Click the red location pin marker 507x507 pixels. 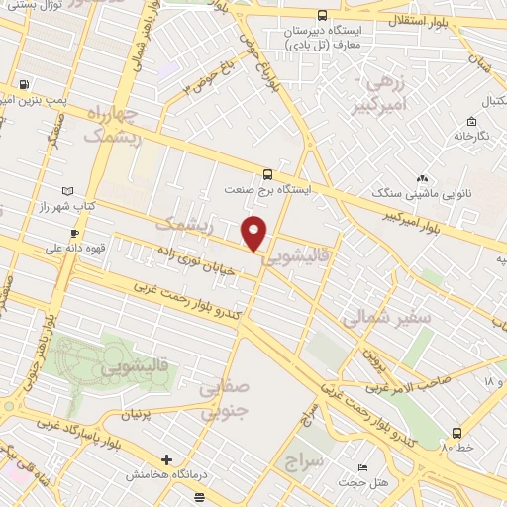click(255, 233)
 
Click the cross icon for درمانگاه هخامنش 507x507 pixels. click(166, 459)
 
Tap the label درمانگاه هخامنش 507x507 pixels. click(165, 475)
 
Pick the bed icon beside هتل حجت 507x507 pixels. click(364, 467)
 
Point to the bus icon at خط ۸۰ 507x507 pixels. click(456, 432)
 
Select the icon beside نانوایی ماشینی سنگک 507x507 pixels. click(423, 178)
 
